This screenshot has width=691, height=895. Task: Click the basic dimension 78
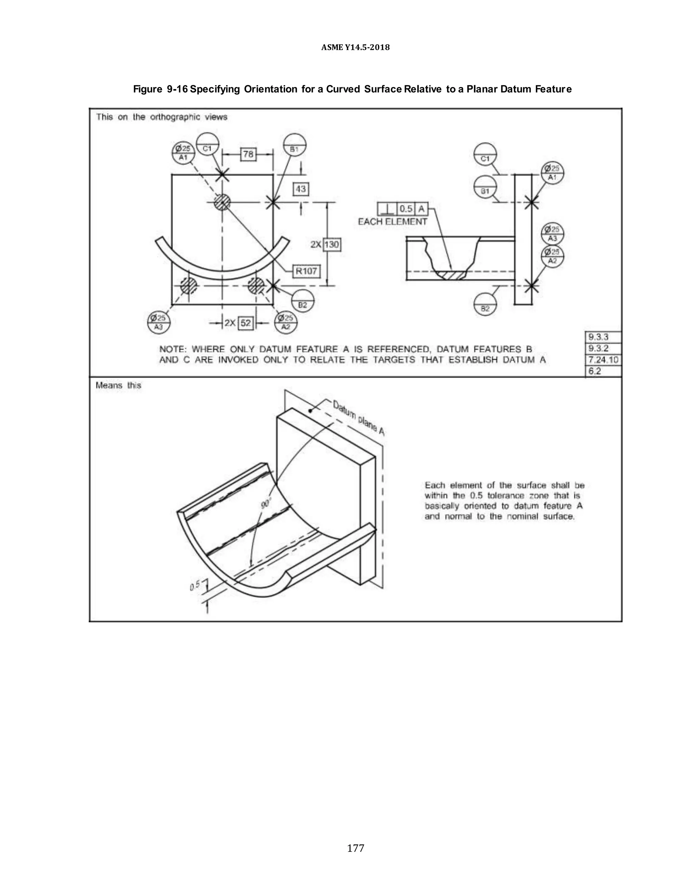click(248, 154)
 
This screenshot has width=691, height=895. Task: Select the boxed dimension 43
click(301, 189)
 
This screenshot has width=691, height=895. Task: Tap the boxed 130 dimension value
click(332, 245)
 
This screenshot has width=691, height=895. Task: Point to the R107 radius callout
click(306, 271)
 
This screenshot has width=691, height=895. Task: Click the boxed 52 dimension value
click(245, 323)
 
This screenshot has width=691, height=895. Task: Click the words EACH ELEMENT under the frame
click(392, 222)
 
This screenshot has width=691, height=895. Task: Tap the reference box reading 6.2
click(603, 371)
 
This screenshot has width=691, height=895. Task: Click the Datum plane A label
click(359, 418)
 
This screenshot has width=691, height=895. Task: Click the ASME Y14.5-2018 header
click(355, 48)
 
